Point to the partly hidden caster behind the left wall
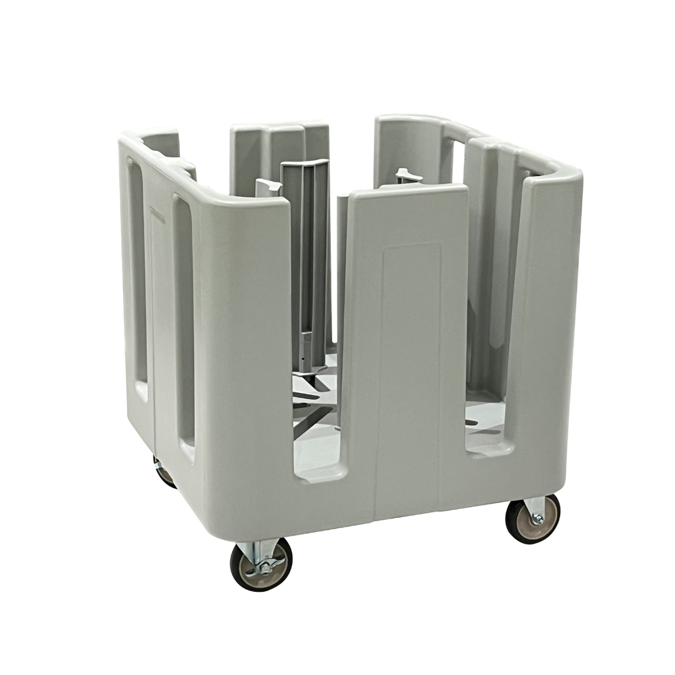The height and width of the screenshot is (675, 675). (163, 473)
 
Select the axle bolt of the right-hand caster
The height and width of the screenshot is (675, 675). (537, 519)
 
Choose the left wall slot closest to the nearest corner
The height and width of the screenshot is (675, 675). (184, 323)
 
